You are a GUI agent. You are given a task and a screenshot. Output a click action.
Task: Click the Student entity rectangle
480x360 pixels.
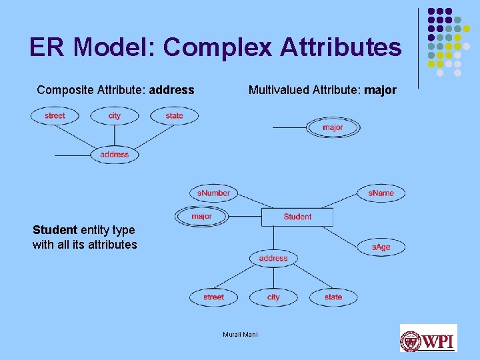tap(297, 217)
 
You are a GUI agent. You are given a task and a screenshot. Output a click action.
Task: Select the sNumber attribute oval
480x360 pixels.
tap(213, 193)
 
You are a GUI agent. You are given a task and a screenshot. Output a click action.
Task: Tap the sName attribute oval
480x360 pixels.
tap(381, 193)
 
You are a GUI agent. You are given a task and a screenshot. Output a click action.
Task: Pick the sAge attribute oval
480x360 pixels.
tap(381, 247)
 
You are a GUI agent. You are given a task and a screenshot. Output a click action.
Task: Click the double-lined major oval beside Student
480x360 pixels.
tap(201, 216)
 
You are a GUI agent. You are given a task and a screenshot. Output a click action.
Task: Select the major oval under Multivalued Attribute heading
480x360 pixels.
tap(333, 127)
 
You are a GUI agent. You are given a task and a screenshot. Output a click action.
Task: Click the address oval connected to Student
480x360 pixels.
tap(273, 258)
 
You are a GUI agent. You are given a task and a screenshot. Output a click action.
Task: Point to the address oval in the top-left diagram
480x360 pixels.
tap(114, 155)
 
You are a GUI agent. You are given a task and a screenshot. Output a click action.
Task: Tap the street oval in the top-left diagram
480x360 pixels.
tap(55, 116)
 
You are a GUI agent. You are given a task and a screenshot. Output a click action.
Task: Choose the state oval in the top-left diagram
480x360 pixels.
tap(174, 116)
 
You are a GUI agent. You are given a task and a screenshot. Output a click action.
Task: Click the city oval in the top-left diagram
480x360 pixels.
tap(115, 116)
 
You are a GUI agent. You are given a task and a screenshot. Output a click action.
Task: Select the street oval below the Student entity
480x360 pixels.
tap(213, 297)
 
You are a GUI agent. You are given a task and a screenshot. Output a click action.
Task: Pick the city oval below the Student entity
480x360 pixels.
tap(273, 297)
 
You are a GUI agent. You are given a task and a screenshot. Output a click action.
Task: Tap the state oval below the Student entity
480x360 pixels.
tap(333, 297)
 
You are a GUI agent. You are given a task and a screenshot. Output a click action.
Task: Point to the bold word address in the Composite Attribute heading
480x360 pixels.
tap(172, 90)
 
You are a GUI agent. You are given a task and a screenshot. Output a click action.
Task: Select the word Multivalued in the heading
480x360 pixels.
tap(278, 90)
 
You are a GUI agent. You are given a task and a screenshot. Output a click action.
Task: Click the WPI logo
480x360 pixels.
tap(428, 338)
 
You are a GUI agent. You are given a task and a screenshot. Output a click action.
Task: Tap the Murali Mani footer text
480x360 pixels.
tap(240, 334)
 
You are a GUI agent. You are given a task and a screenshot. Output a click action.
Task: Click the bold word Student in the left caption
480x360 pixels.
tap(55, 230)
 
